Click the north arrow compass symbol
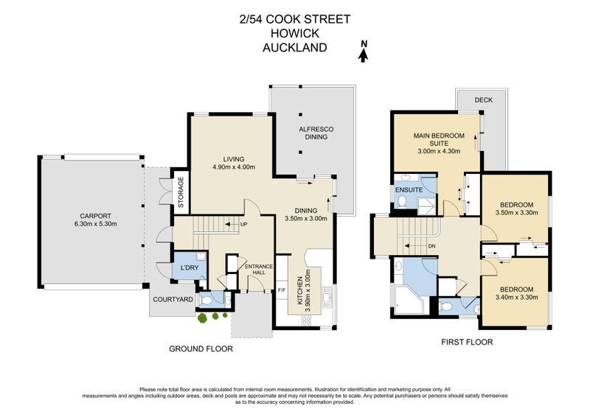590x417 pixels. pos(363,49)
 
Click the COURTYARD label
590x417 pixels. pos(173,299)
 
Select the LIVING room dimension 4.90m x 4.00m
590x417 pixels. pos(234,167)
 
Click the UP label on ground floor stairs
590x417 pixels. pos(244,224)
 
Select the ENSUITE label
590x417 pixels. pos(408,189)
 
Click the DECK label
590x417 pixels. pos(483,99)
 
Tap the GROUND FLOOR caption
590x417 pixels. pos(201,348)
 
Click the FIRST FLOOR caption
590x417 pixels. pos(467,342)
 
